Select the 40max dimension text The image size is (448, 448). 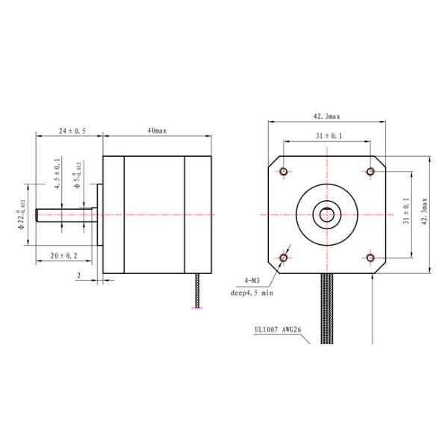point(157,131)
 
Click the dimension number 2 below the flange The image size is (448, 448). point(78,275)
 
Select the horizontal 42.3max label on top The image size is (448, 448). point(326,116)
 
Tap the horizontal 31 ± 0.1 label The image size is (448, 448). point(326,136)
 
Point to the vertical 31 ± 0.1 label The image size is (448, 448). point(406,213)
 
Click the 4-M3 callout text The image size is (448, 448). point(251,281)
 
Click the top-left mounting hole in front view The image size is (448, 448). point(284,172)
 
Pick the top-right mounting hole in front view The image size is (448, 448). point(370,172)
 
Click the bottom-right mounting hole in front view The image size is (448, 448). point(370,258)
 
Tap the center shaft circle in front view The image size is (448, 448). point(327,215)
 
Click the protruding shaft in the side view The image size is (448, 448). point(63,215)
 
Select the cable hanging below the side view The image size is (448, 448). point(198,291)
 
